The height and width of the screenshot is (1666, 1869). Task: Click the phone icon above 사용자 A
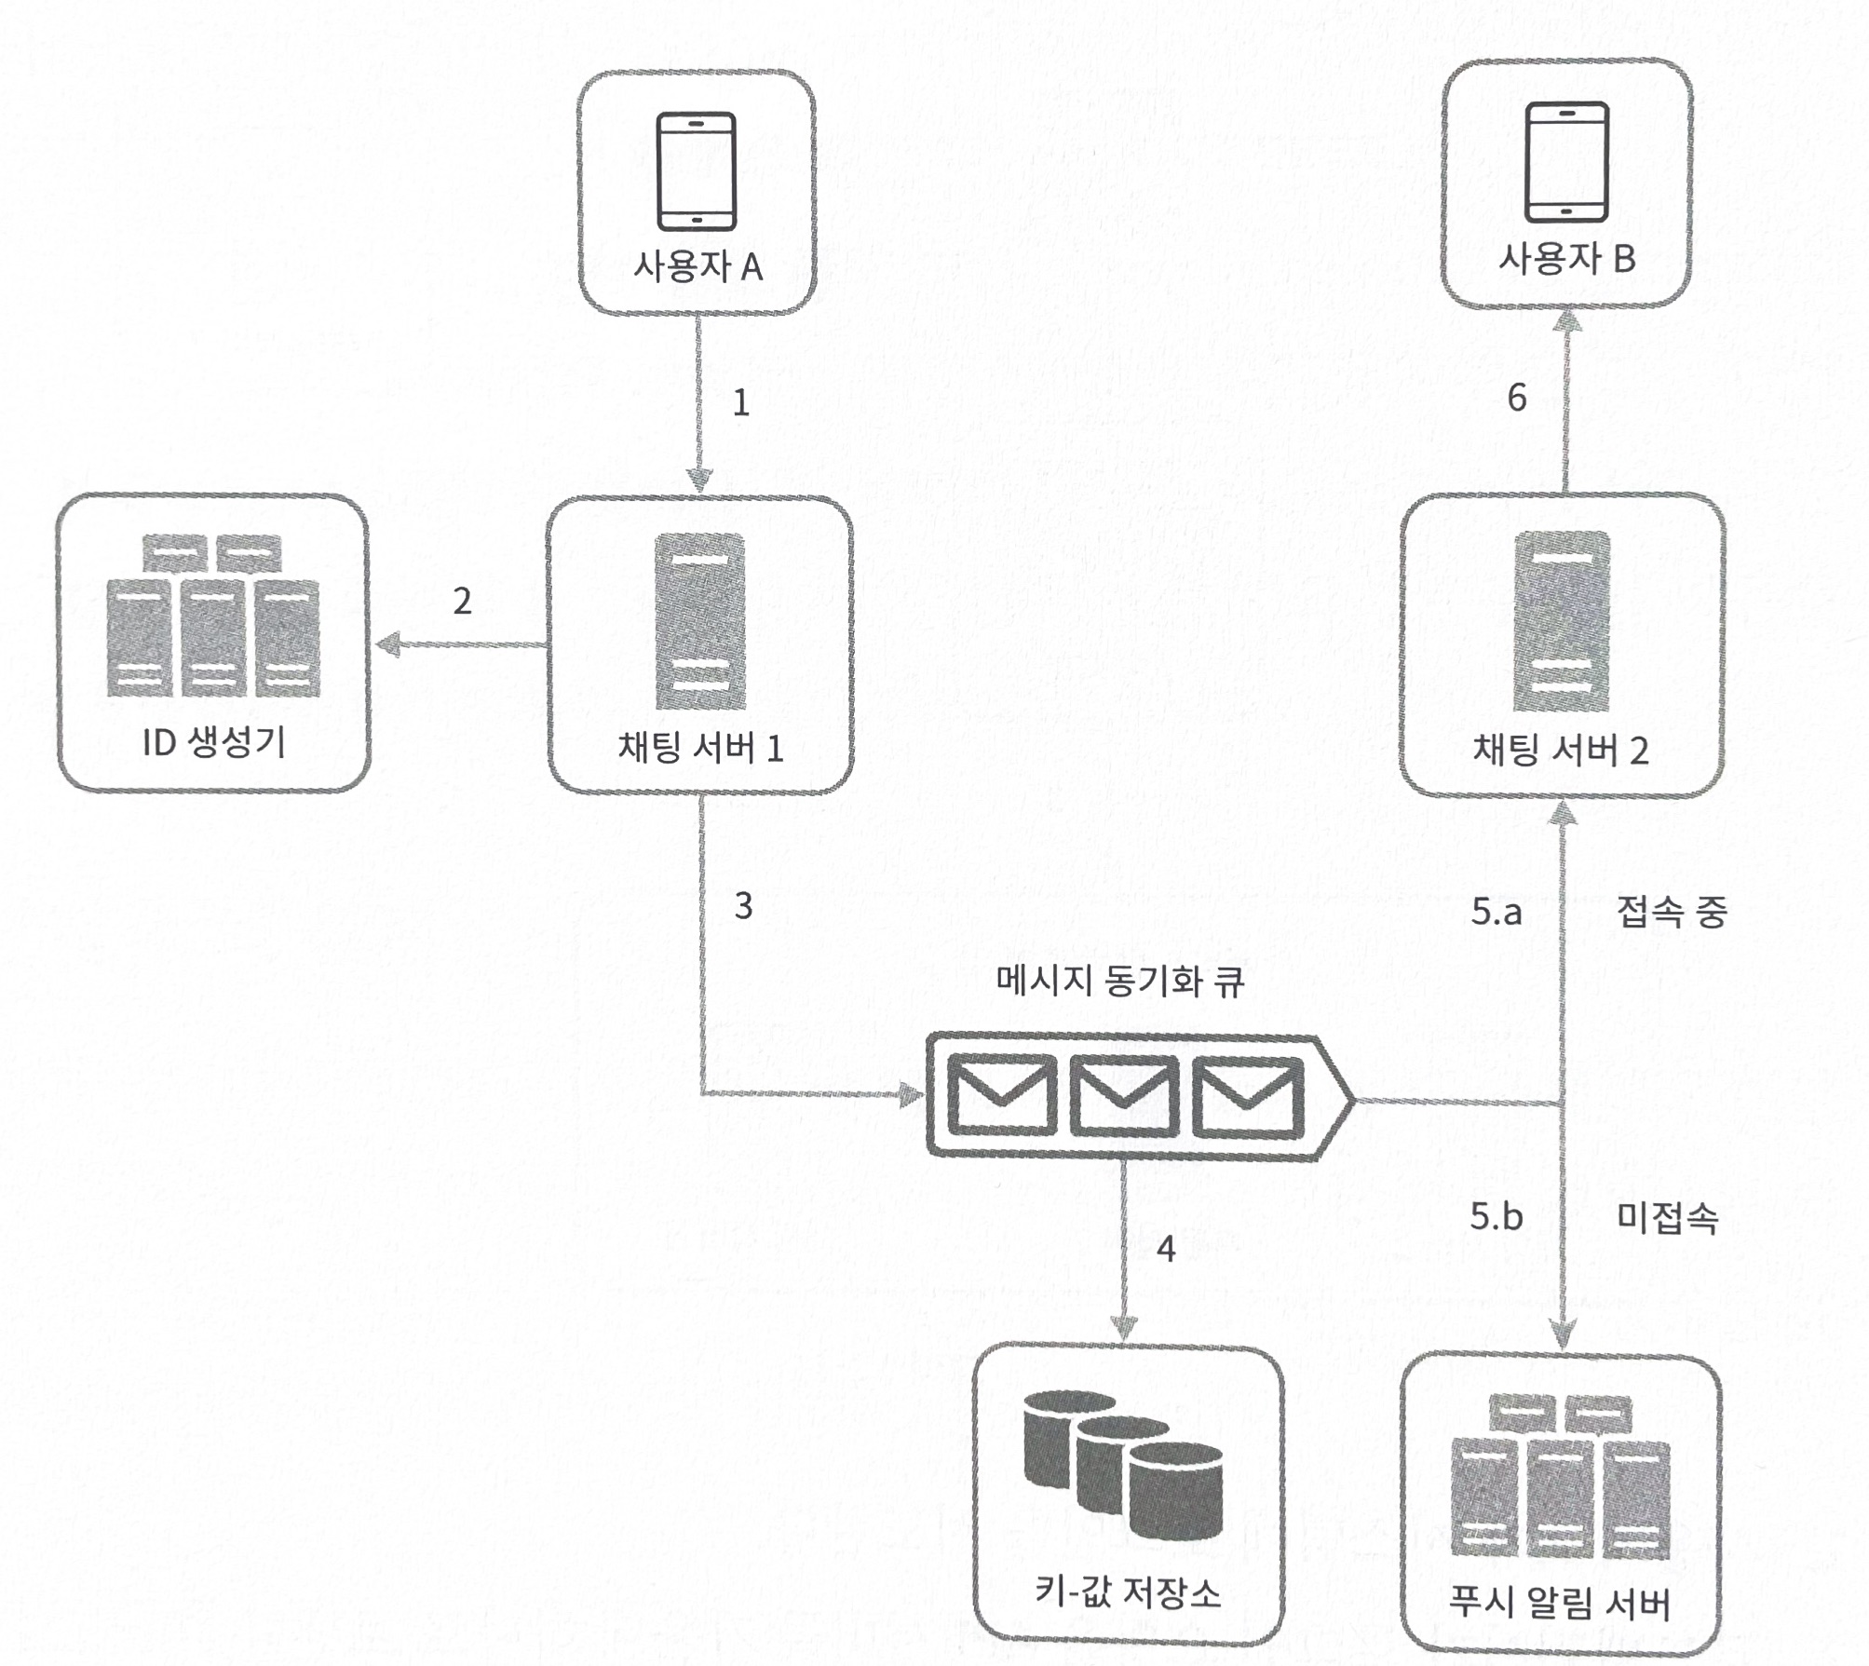point(697,171)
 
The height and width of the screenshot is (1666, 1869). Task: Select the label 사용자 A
point(697,267)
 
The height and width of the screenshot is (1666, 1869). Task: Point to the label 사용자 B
point(1566,258)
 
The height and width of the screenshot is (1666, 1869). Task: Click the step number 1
point(741,402)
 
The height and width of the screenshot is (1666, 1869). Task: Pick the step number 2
point(462,601)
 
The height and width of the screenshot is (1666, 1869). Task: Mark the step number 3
point(742,905)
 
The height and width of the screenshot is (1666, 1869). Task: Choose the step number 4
point(1165,1249)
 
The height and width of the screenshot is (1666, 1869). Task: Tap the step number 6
point(1516,399)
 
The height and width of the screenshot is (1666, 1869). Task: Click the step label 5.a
point(1497,912)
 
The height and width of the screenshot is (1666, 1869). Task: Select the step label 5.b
point(1497,1216)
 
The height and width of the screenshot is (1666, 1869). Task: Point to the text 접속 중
point(1673,912)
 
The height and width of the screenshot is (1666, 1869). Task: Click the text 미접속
point(1667,1217)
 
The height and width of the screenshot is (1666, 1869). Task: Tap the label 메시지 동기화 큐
point(1119,982)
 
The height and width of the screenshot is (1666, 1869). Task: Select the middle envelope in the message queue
point(1124,1096)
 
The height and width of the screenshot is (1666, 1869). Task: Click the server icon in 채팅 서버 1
point(699,621)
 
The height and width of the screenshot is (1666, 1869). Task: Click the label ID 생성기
point(213,742)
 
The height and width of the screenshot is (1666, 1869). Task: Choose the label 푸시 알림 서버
point(1560,1603)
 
